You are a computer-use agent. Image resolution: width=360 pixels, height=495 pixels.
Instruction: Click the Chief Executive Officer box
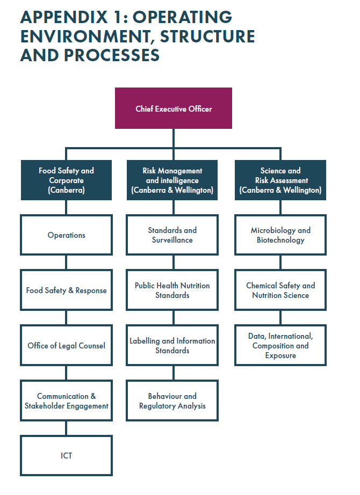click(x=173, y=108)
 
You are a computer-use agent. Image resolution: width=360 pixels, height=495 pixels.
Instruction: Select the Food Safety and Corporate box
click(x=67, y=180)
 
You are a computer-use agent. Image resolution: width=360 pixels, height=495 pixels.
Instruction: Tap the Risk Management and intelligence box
click(x=172, y=180)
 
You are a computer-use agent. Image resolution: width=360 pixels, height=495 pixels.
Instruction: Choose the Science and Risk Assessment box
click(x=280, y=180)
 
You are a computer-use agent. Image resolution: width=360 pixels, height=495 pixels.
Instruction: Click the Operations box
click(x=67, y=235)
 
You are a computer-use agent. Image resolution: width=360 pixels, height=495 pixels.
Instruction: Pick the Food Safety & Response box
click(x=67, y=290)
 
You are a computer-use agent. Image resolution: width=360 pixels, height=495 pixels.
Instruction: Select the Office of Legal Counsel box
click(x=67, y=345)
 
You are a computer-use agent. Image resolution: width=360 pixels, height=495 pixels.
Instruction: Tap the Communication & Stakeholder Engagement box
click(x=67, y=401)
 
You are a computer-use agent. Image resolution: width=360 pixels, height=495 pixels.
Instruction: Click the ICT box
click(x=67, y=455)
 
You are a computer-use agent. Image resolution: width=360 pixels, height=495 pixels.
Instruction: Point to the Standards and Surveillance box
click(x=172, y=235)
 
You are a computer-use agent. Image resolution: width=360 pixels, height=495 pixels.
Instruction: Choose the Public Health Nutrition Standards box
click(x=172, y=290)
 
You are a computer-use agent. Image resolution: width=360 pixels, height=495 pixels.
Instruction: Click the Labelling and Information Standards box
click(x=172, y=345)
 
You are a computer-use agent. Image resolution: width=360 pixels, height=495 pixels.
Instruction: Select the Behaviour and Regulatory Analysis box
click(x=172, y=401)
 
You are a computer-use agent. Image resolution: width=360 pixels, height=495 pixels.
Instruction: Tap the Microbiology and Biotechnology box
click(x=280, y=235)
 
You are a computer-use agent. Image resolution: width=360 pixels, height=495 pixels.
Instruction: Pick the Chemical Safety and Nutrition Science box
click(x=280, y=290)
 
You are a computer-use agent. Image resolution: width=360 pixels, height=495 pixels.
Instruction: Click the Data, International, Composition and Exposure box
click(x=280, y=345)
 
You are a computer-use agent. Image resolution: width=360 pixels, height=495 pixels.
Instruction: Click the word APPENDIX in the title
click(x=64, y=17)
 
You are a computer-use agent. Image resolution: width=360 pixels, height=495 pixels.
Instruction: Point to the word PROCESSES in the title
click(x=112, y=55)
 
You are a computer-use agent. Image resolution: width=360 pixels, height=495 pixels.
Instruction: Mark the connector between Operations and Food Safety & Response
click(x=66, y=263)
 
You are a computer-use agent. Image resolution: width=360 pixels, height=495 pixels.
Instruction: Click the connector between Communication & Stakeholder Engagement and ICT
click(x=66, y=428)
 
